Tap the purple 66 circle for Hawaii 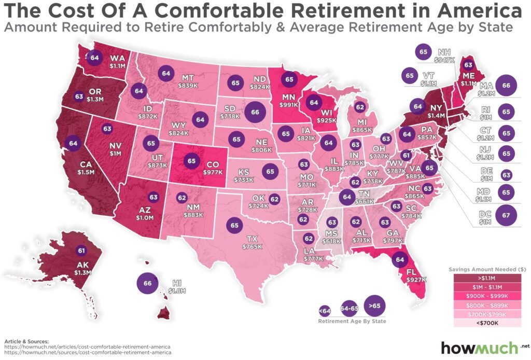146,284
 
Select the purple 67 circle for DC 507,215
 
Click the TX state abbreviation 252,239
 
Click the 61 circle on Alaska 81,251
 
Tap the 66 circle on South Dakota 255,112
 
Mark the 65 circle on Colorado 192,161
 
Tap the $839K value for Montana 188,84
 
